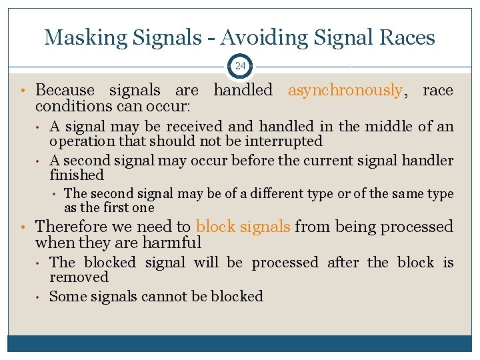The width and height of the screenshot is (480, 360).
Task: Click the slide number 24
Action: pos(239,66)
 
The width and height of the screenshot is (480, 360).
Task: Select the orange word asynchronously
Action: pos(345,90)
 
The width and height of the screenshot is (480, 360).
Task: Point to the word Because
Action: pos(65,90)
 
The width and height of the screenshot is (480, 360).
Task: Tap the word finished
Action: pos(77,175)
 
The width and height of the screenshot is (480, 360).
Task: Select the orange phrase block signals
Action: pos(243,227)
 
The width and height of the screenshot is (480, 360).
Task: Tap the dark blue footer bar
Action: pos(239,343)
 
